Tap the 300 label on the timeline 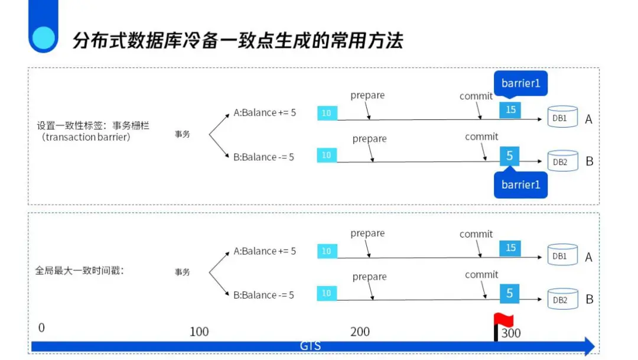click(x=511, y=333)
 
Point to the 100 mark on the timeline click(x=199, y=332)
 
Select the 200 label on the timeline click(x=360, y=332)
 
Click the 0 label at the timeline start click(x=41, y=328)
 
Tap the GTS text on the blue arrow click(x=311, y=346)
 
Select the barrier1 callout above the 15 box click(x=520, y=83)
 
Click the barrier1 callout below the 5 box click(x=520, y=185)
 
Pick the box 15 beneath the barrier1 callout click(x=510, y=109)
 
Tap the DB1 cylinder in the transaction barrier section click(x=562, y=118)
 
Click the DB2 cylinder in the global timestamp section click(x=562, y=300)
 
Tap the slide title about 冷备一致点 click(x=237, y=41)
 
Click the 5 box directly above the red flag click(x=510, y=293)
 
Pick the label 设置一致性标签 click(x=93, y=127)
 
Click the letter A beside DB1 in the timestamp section click(x=588, y=258)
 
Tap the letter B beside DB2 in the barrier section click(x=589, y=161)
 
